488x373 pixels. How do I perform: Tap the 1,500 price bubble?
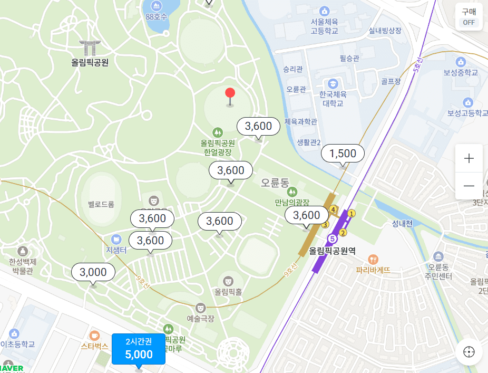point(343,153)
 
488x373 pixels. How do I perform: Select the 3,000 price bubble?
point(93,272)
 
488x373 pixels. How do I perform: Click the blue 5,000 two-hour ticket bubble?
point(139,349)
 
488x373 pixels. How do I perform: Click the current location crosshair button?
point(469,352)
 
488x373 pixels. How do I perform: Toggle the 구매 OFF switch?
point(469,17)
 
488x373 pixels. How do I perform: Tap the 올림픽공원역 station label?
point(332,251)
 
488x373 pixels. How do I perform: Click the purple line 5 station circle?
point(332,238)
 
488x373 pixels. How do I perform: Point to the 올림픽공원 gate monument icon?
point(90,47)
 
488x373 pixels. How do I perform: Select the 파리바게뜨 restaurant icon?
point(373,259)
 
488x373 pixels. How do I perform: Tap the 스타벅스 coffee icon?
point(94,335)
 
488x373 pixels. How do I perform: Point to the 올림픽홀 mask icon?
point(228,280)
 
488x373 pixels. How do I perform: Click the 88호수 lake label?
point(156,16)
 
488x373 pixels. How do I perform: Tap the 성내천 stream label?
point(402,223)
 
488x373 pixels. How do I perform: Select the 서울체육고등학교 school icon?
point(324,11)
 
